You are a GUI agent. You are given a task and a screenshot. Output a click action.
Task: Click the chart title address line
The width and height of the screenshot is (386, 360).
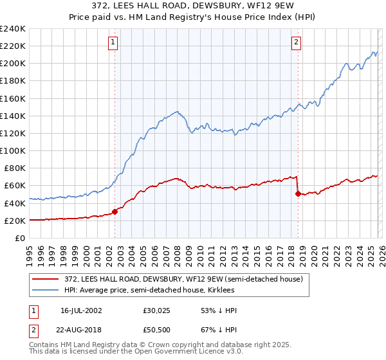192,6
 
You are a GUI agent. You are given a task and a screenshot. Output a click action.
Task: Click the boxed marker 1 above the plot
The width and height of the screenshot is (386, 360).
113,43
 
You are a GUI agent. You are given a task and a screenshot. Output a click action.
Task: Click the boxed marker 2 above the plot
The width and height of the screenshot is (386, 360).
296,43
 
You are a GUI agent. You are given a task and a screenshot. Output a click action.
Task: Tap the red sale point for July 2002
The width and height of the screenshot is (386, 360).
115,212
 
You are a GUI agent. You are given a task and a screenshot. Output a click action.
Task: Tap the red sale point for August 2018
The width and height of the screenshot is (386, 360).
298,194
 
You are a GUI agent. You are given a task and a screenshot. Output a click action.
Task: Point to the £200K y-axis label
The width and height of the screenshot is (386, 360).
12,63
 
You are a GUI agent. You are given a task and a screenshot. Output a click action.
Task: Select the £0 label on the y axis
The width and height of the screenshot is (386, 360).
19,238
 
